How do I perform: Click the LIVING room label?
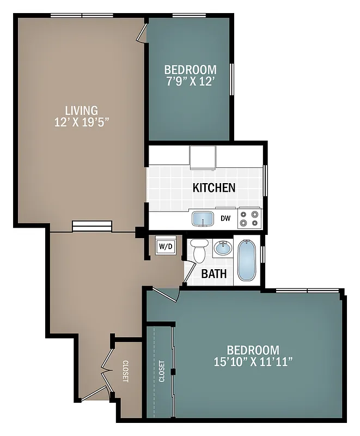pos(82,111)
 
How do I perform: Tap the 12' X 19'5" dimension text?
pos(82,122)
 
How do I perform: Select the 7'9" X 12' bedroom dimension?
pos(190,82)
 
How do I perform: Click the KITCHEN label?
pos(214,188)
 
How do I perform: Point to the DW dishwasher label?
pos(225,219)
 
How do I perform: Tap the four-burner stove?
pos(250,219)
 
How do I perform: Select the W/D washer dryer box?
pos(166,246)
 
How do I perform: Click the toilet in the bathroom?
pos(199,250)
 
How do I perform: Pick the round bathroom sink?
pos(222,249)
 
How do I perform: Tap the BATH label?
pos(214,274)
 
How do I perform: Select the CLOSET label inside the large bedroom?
pos(162,371)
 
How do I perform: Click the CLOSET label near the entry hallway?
pos(125,371)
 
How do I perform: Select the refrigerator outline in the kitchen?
pos(203,157)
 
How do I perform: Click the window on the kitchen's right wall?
pos(265,180)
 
